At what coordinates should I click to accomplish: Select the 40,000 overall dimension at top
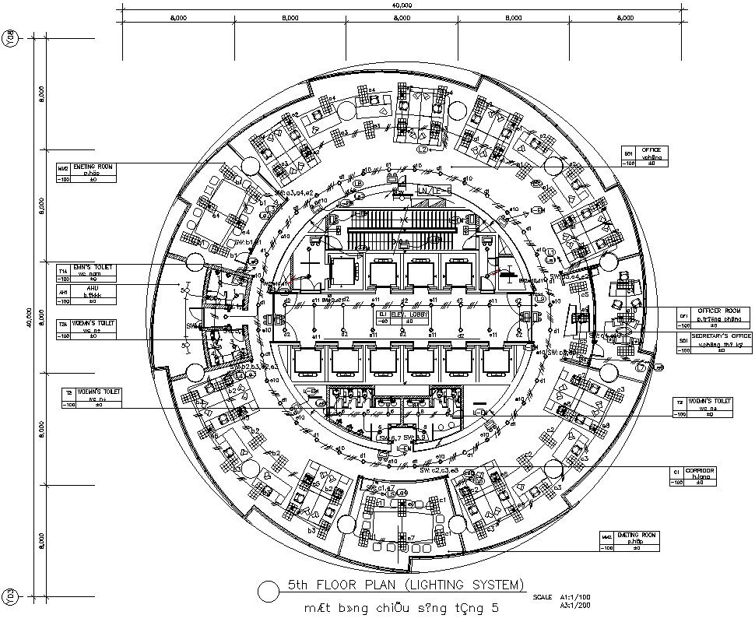[x=402, y=5]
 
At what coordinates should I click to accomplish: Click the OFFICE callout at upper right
[x=651, y=150]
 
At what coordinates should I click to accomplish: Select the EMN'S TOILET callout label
[x=93, y=267]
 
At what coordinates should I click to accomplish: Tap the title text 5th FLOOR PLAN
[x=406, y=585]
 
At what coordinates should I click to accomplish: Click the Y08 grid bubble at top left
[x=9, y=37]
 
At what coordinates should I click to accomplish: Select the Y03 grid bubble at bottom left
[x=9, y=597]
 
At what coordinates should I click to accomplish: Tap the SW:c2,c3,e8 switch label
[x=440, y=471]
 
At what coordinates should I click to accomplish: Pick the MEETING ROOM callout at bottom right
[x=637, y=536]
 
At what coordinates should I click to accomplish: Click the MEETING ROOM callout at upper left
[x=93, y=166]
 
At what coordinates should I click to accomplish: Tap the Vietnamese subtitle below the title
[x=400, y=607]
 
